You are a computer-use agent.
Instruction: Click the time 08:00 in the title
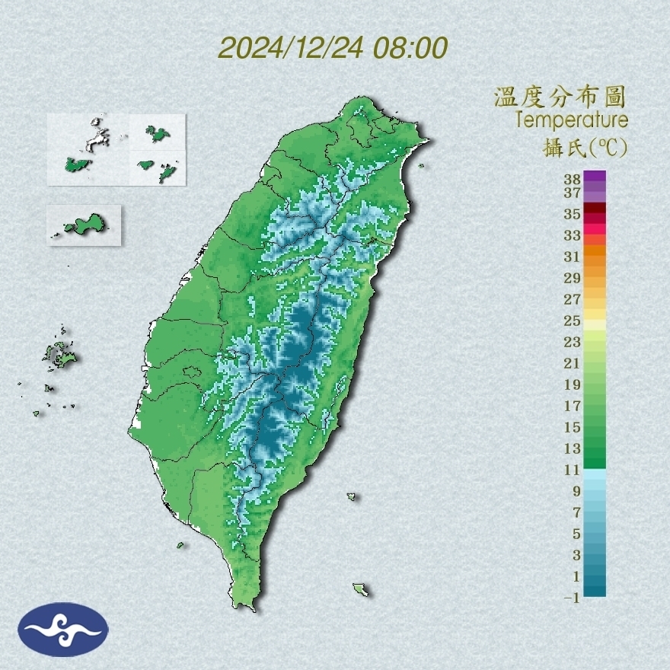pos(410,48)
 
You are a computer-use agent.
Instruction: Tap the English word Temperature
pos(571,120)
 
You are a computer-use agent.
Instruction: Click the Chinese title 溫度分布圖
pos(560,97)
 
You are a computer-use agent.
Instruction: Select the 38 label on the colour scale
pos(573,180)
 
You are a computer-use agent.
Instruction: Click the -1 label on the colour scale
pos(572,598)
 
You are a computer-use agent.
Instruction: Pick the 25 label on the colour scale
pos(573,320)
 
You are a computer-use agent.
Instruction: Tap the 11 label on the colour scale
pos(573,470)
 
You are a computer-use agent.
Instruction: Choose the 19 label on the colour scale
pos(573,384)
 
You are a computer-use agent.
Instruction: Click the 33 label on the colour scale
pos(573,234)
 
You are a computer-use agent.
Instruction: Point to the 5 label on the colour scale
pos(576,533)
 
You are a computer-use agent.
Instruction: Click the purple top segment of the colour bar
pos(595,177)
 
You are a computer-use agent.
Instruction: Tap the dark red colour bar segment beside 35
pos(595,209)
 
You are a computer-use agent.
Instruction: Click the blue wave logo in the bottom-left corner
pos(64,629)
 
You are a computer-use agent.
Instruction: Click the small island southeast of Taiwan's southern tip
pos(360,589)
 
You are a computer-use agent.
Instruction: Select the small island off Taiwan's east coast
pos(351,496)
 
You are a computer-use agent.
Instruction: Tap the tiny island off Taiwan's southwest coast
pos(180,544)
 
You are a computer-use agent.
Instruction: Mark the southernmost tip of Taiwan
pos(247,607)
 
